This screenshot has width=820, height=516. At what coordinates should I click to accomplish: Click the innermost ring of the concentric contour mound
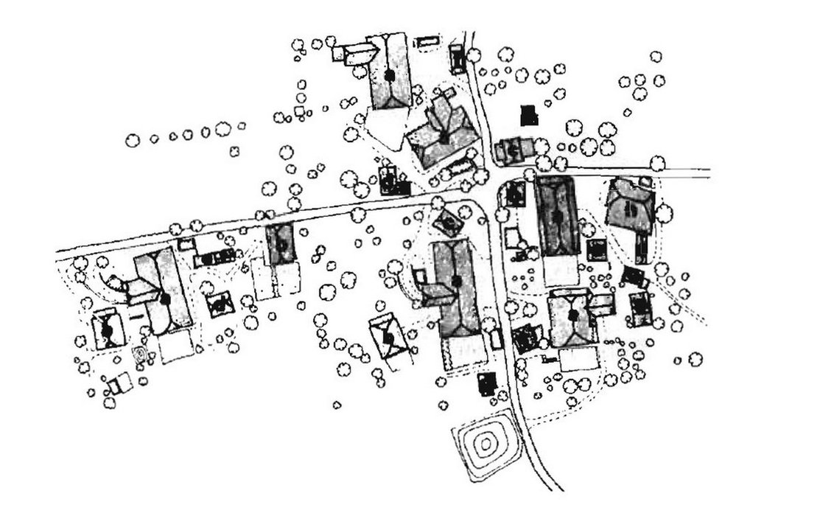(x=486, y=444)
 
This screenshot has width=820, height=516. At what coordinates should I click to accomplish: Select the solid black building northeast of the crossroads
(x=528, y=115)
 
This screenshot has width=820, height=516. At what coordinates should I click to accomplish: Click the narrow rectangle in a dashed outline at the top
(x=426, y=42)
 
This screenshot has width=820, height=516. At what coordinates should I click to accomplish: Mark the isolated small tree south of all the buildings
(x=337, y=404)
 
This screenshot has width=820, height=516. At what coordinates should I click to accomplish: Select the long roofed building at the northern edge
(x=389, y=72)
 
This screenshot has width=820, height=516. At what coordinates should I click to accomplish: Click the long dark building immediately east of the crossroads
(x=556, y=217)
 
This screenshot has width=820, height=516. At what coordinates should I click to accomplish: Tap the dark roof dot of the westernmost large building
(x=164, y=299)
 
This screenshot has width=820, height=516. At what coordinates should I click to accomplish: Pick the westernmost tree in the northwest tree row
(x=133, y=140)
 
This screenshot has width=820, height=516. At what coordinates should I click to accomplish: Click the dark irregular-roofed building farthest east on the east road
(x=630, y=203)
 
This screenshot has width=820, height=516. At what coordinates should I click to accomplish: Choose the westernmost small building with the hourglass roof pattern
(x=108, y=330)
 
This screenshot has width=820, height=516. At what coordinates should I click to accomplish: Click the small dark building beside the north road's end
(x=457, y=57)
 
